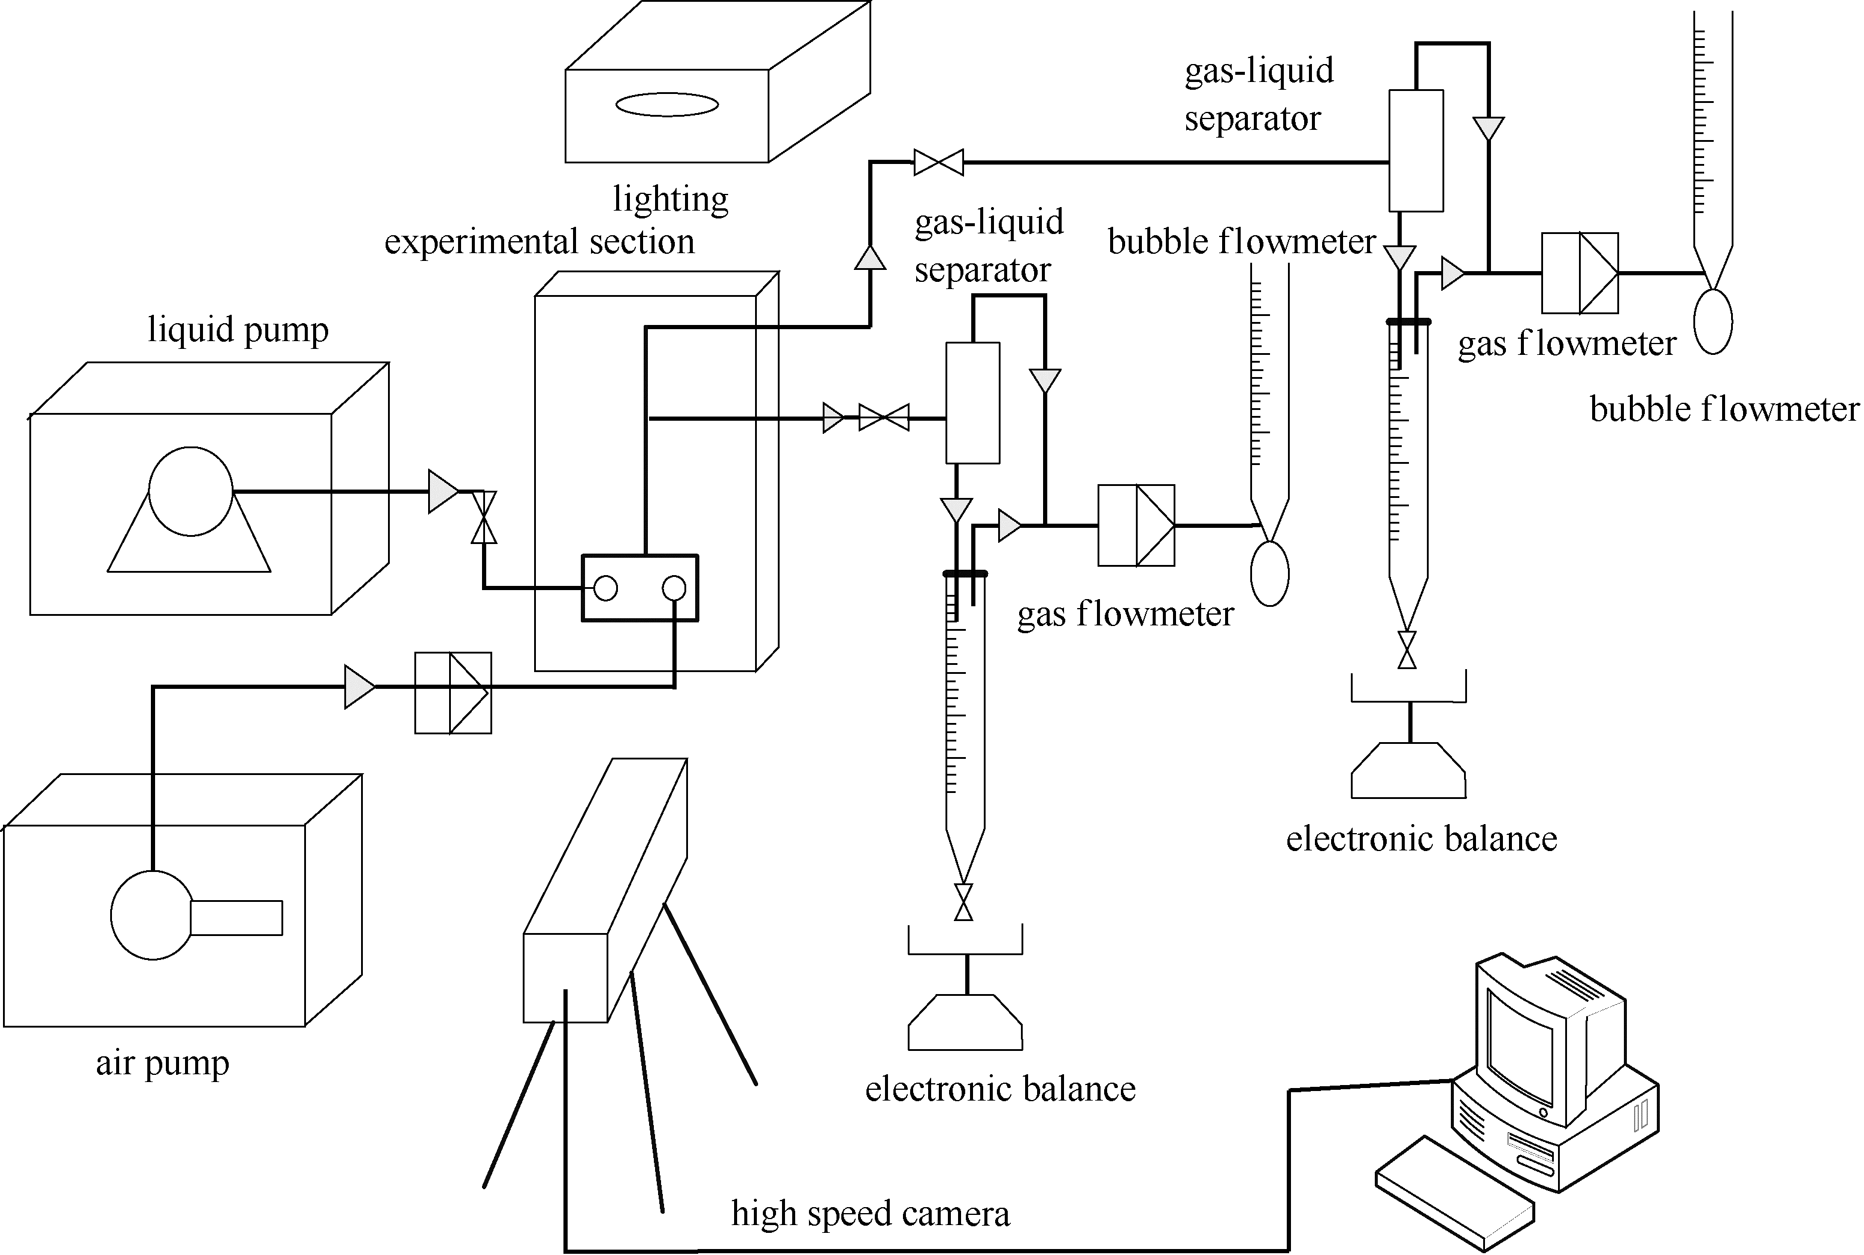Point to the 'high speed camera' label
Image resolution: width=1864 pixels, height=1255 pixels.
pos(871,1213)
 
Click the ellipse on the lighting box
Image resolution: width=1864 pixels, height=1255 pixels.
pos(667,105)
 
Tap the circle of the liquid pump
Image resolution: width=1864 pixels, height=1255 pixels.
pos(190,491)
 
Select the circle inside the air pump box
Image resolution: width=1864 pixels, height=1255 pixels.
pos(152,916)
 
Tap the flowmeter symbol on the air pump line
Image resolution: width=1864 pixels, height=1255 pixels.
pos(453,693)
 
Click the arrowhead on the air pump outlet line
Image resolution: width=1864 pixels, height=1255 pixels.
pos(359,686)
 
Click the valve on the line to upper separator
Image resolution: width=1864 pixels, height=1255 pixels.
pos(938,162)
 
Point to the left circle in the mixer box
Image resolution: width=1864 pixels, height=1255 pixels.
pos(606,588)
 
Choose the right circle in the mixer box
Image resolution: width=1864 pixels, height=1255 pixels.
pos(674,588)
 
